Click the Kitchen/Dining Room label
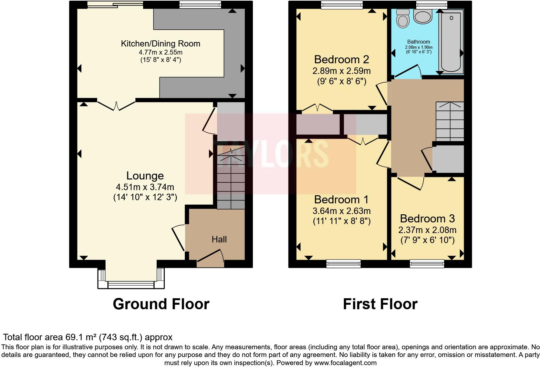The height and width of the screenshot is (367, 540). tap(161, 44)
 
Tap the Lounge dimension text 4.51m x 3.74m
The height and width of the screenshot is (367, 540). tap(145, 187)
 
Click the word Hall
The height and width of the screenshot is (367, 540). tap(219, 239)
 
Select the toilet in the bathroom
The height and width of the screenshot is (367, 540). tap(402, 18)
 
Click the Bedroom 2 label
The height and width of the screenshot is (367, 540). tap(341, 59)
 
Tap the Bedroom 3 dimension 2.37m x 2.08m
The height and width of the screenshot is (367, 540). tap(427, 230)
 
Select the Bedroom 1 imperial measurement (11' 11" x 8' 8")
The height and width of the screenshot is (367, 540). tap(341, 221)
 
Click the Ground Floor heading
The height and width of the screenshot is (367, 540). tap(161, 304)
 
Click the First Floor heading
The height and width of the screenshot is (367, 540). tap(380, 304)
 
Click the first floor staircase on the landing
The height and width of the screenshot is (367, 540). tap(450, 121)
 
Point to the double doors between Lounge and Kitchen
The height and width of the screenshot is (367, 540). tap(116, 105)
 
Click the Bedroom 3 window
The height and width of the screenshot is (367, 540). tap(427, 264)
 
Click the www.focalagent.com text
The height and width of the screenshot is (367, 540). tap(345, 362)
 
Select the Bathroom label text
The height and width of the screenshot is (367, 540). tap(419, 42)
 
